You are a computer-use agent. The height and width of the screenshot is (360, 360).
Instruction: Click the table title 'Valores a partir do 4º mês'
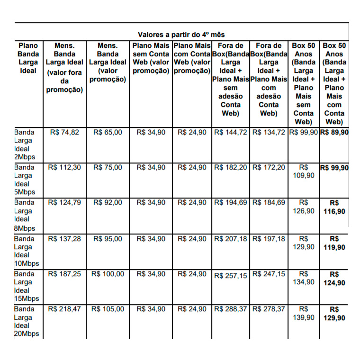pos(181,35)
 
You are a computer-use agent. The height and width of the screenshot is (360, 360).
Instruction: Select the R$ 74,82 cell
pos(64,133)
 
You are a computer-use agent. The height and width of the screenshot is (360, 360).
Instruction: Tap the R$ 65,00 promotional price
pos(108,133)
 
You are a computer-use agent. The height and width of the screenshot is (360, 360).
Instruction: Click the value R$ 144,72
pos(231,133)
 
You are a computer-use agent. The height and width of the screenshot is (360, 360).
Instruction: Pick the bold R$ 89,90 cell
pos(334,133)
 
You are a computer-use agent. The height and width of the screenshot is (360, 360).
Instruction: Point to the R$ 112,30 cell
pos(64,168)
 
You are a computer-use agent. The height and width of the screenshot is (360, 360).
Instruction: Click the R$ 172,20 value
pos(269,168)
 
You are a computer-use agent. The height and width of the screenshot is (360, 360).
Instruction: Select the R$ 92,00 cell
pos(108,203)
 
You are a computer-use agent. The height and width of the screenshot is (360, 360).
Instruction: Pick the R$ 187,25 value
pos(64,274)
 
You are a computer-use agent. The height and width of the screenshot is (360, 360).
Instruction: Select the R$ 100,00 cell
pos(108,274)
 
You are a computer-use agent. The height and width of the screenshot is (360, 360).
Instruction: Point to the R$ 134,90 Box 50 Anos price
pos(304,278)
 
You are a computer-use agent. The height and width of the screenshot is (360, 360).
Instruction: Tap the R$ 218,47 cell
pos(64,309)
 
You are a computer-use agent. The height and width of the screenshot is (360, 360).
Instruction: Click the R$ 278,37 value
pos(269,309)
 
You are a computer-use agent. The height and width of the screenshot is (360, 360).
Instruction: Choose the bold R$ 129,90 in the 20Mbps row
pos(334,314)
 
